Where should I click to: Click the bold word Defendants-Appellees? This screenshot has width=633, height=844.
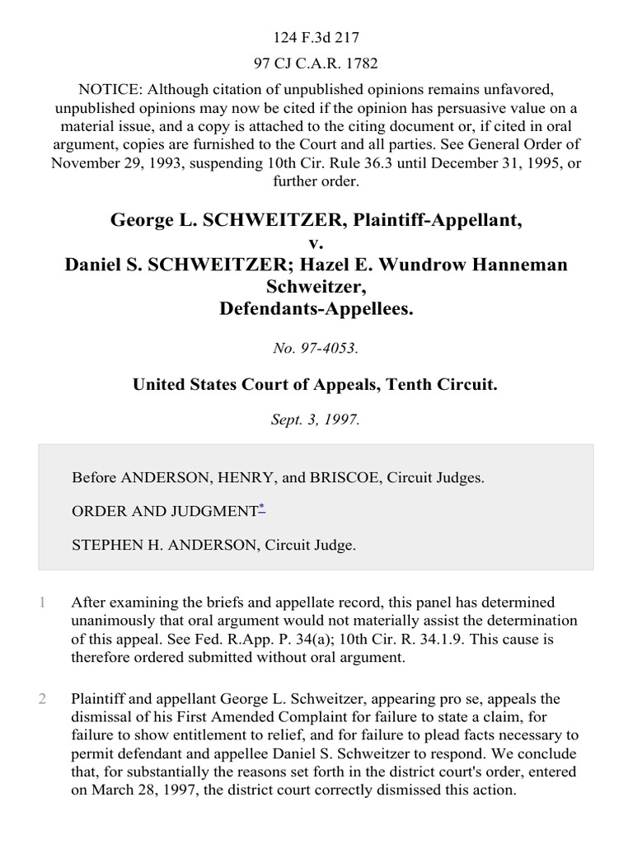pyautogui.click(x=316, y=306)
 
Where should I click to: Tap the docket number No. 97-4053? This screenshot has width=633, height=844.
pyautogui.click(x=316, y=349)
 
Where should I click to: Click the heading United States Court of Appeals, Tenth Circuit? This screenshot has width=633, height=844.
pyautogui.click(x=316, y=383)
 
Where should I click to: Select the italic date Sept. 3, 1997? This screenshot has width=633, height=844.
pyautogui.click(x=316, y=418)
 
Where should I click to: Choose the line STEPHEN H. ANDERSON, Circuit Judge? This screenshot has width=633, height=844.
pyautogui.click(x=214, y=545)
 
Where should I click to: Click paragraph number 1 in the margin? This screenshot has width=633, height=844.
pyautogui.click(x=42, y=603)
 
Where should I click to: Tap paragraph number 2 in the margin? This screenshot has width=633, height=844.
pyautogui.click(x=42, y=700)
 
